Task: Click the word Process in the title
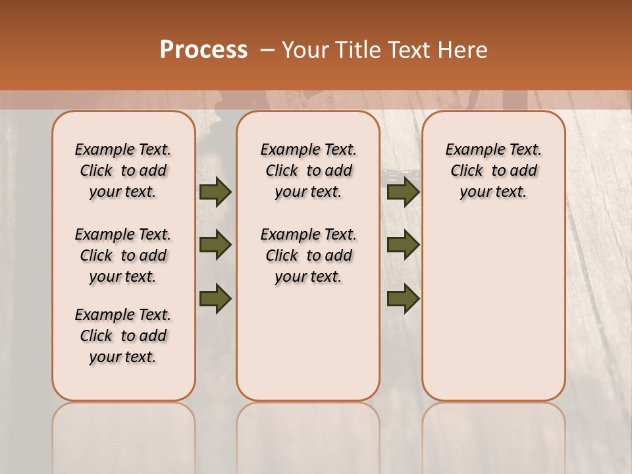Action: [x=203, y=50]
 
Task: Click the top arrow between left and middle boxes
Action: [x=215, y=192]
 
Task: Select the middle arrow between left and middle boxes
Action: [x=215, y=245]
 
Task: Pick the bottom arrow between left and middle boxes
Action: [x=215, y=298]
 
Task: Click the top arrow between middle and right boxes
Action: [x=403, y=192]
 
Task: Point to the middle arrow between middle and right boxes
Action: [x=403, y=245]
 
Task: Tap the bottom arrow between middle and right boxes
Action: [x=403, y=298]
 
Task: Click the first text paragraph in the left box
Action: [x=123, y=171]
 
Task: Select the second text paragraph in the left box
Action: [x=123, y=255]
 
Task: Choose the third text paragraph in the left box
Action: [x=123, y=336]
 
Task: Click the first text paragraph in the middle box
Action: [x=308, y=171]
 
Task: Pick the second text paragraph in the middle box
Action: [x=308, y=255]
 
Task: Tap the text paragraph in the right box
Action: [x=493, y=171]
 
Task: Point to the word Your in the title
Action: [x=304, y=50]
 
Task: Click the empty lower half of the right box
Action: [x=493, y=309]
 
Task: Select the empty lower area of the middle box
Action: [x=308, y=342]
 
